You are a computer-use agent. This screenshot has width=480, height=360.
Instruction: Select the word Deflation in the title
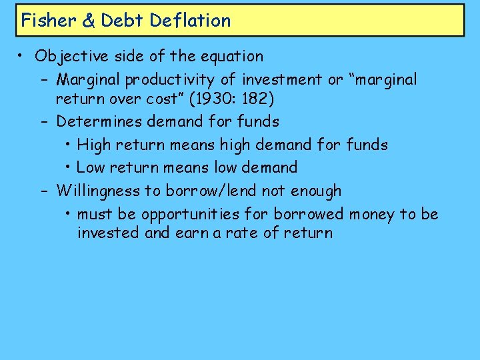tap(190, 20)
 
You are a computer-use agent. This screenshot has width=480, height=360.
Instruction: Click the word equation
tap(233, 57)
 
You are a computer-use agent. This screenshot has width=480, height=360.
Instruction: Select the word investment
tap(283, 80)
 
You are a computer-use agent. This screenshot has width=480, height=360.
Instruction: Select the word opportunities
tap(199, 215)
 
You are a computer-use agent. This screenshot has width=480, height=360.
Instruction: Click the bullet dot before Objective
tap(22, 56)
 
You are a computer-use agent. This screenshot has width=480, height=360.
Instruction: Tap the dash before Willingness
tap(44, 191)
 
